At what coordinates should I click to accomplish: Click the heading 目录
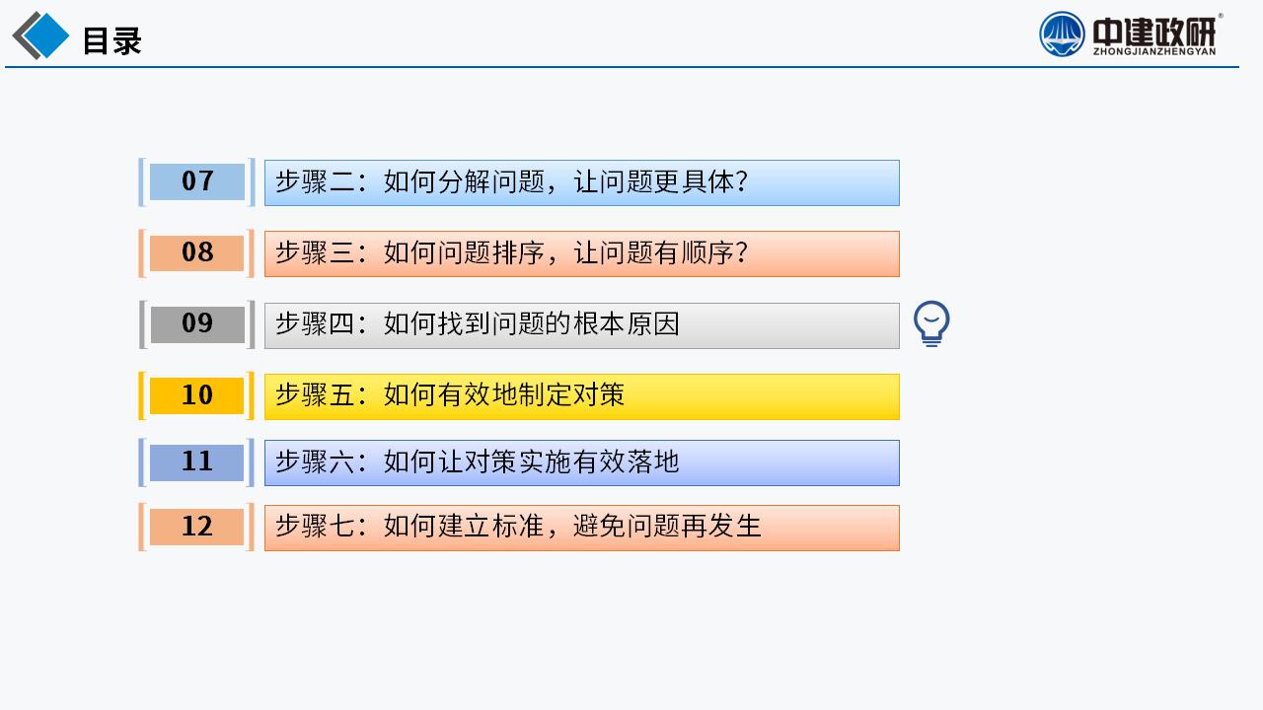[x=111, y=40]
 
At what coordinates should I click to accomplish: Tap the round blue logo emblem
[x=1062, y=35]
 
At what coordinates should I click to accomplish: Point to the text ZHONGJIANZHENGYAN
[x=1154, y=51]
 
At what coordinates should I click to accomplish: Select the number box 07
[x=196, y=181]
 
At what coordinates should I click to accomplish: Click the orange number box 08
[x=196, y=252]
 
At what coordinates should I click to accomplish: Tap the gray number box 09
[x=196, y=324]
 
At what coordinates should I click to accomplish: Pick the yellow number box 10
[x=196, y=395]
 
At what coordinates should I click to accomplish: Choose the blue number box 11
[x=196, y=462]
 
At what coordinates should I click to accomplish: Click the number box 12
[x=196, y=527]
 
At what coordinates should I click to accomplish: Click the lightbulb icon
[x=931, y=323]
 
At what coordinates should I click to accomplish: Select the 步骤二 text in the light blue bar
[x=315, y=182]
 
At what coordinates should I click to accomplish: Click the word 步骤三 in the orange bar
[x=315, y=252]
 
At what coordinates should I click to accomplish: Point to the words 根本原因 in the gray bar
[x=627, y=324]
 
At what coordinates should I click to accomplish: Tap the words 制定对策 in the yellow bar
[x=571, y=395]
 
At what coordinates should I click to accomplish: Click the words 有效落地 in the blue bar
[x=627, y=462]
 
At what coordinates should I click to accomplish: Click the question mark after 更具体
[x=741, y=182]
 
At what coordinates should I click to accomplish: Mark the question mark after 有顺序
[x=741, y=252]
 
